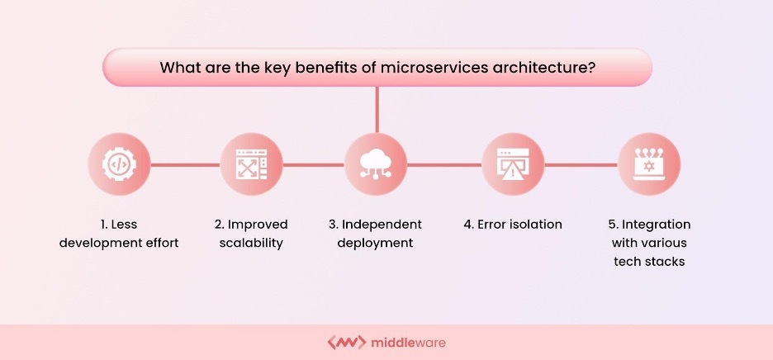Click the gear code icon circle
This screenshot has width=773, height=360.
(x=119, y=164)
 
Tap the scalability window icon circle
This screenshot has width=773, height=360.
(x=251, y=164)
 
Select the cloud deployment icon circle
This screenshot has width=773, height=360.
(x=376, y=164)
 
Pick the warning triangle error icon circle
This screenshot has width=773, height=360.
(x=513, y=164)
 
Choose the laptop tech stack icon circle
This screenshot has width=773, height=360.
(x=649, y=164)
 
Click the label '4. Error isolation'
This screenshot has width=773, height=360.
(x=513, y=225)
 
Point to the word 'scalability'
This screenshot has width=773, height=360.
(x=251, y=243)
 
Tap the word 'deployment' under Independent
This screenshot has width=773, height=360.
(x=376, y=243)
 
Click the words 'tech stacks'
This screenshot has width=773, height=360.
(x=649, y=262)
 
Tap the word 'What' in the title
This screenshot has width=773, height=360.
(x=178, y=67)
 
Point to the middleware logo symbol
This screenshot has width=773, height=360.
(x=347, y=342)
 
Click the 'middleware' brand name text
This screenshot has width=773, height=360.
(x=409, y=342)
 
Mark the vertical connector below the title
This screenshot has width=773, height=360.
(x=377, y=110)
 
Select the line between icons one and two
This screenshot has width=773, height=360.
(x=185, y=164)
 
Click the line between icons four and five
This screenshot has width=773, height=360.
(x=581, y=164)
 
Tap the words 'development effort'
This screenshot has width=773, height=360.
(x=119, y=243)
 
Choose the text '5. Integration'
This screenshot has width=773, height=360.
(x=649, y=225)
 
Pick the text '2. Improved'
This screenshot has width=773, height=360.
(x=251, y=225)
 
